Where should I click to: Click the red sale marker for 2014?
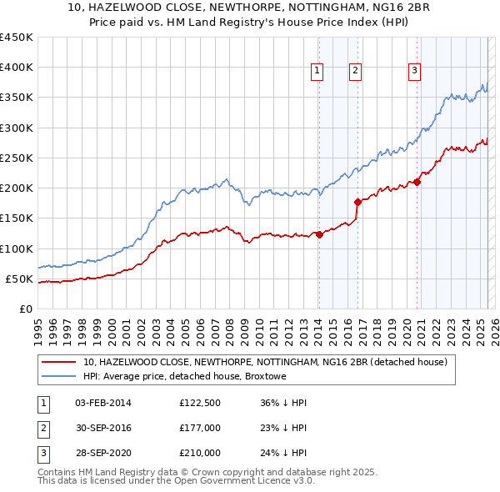click(319, 235)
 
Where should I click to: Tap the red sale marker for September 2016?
click(357, 202)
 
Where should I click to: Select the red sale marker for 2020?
click(417, 183)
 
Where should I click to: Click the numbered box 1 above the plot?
click(317, 72)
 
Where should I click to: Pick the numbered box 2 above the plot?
click(355, 72)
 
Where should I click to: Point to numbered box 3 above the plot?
click(414, 72)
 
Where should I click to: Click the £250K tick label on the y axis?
click(17, 158)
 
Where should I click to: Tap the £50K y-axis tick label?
click(20, 279)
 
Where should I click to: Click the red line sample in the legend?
click(57, 362)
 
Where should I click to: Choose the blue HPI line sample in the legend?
click(57, 376)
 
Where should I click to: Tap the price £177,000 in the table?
click(200, 428)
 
